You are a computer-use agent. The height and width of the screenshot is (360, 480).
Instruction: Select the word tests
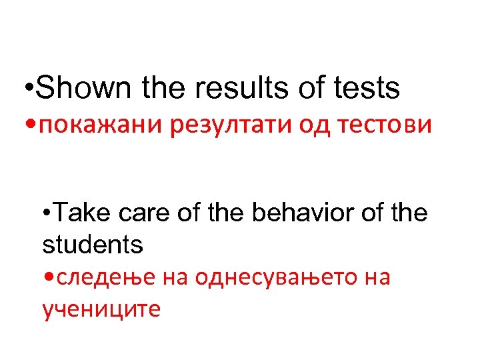point(367,88)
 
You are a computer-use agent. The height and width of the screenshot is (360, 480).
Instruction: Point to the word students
point(93,244)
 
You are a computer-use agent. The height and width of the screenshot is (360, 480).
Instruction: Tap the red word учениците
point(101,309)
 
